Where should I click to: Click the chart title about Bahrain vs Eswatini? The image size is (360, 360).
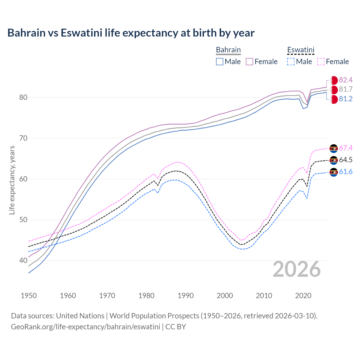coord(131,33)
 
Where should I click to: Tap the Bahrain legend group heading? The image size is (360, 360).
coord(228,50)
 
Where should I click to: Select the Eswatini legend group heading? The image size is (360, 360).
coord(300,50)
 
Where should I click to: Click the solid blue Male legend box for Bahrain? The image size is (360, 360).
coord(220,62)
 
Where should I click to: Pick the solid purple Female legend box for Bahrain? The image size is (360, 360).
coord(249,62)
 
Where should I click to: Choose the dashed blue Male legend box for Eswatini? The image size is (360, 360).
coord(291,62)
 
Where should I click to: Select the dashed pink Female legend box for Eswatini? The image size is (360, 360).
coord(321,62)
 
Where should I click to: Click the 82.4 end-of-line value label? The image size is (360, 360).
coord(346,80)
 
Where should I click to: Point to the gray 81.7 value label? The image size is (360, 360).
coord(346,89)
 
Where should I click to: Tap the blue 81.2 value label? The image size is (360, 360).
coord(346,99)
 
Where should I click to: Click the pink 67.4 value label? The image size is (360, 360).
coord(346,148)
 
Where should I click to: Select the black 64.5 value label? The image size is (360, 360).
coord(346,160)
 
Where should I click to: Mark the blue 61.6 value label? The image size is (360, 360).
coord(346,172)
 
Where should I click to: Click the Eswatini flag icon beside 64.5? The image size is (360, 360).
coord(334,160)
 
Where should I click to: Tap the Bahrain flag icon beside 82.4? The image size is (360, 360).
coord(334,80)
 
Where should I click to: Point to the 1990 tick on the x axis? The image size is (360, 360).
coord(186,296)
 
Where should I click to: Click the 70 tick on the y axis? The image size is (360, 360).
coord(23,138)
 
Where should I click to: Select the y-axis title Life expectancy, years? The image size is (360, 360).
coord(12,180)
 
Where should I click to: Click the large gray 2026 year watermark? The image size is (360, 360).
coord(296,269)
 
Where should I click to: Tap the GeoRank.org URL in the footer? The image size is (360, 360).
coord(85,327)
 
